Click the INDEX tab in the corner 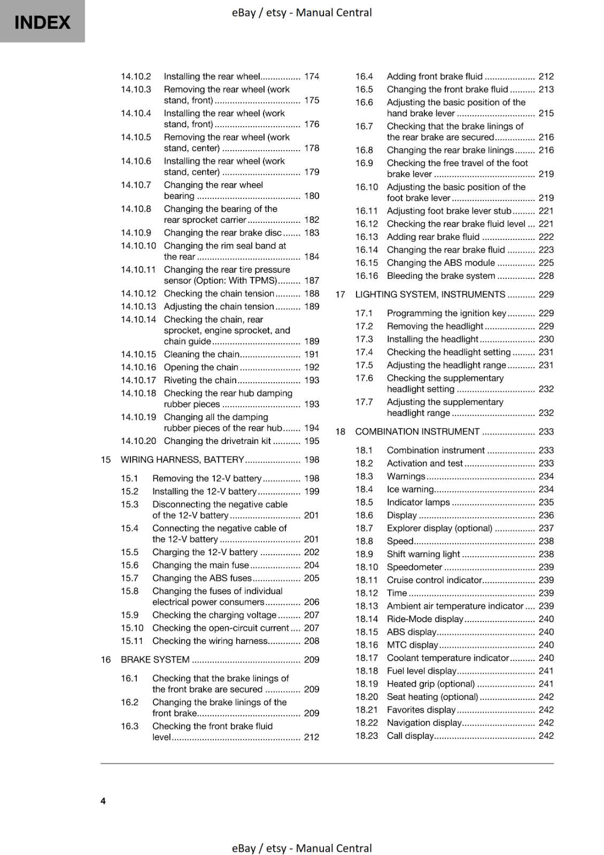[x=42, y=22]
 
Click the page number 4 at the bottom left [x=103, y=800]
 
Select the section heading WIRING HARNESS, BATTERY [x=182, y=460]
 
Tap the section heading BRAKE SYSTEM [x=155, y=659]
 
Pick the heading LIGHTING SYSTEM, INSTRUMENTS [x=430, y=294]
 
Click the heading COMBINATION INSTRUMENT [x=417, y=432]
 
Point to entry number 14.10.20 [x=138, y=441]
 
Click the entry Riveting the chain [x=200, y=380]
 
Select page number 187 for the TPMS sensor [x=311, y=281]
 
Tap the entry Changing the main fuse [x=200, y=565]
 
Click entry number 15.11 [x=132, y=641]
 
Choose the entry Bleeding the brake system [x=440, y=276]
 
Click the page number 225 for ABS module [x=546, y=263]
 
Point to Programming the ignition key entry [x=446, y=313]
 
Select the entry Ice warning [x=410, y=489]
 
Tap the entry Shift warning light [x=423, y=554]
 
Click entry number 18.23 [x=366, y=735]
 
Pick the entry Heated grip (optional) [x=430, y=683]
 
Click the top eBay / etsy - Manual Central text [x=301, y=12]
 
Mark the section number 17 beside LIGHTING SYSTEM [x=340, y=294]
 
